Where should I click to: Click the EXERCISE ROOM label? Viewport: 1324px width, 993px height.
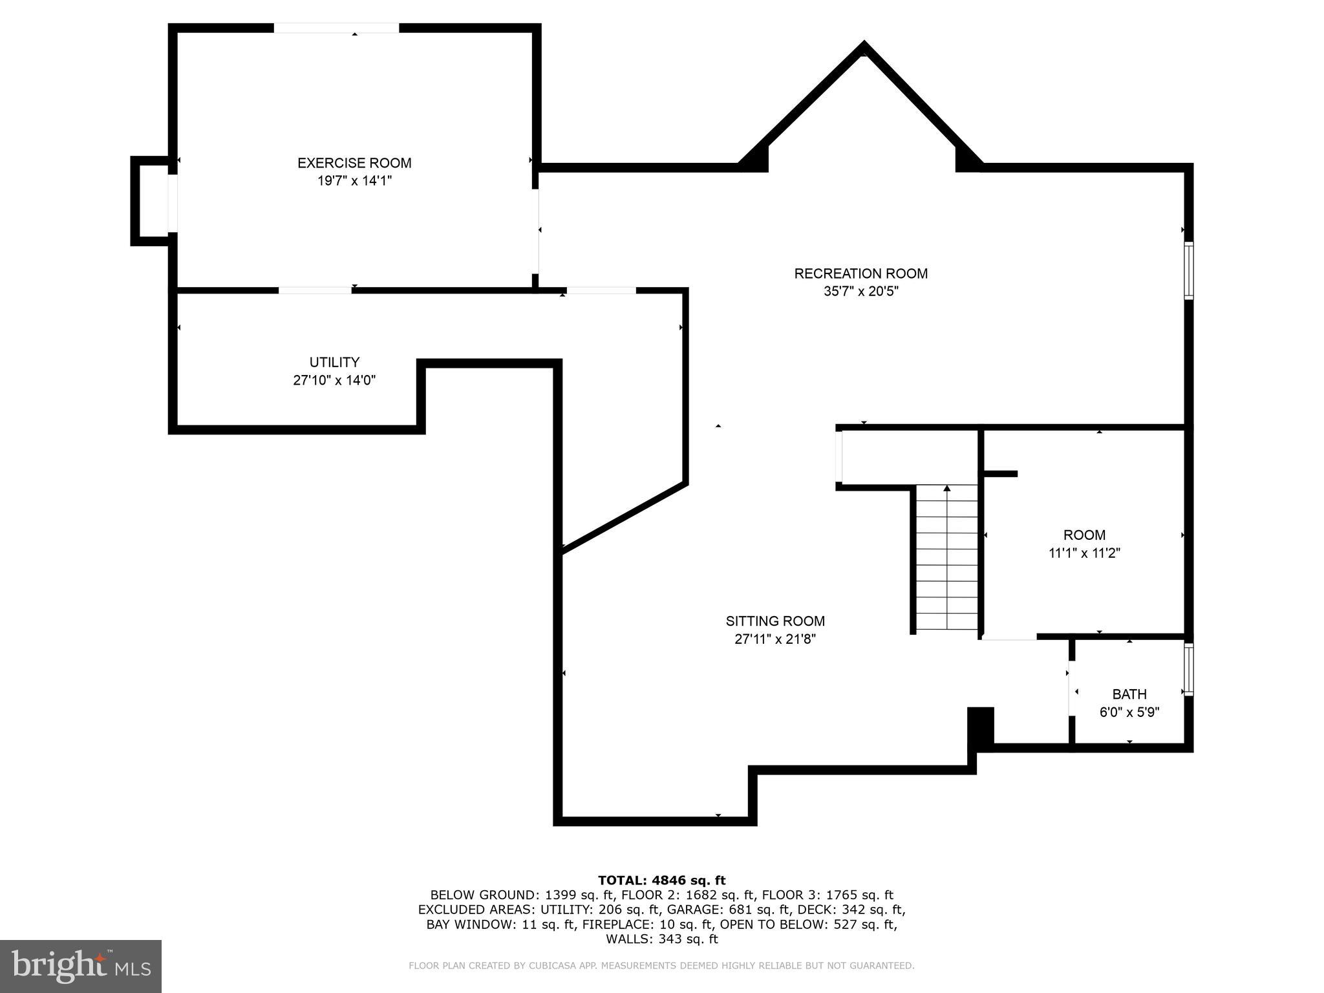tap(354, 163)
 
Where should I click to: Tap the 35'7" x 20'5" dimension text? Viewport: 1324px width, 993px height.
tap(860, 292)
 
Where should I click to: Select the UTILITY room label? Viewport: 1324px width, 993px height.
tap(334, 362)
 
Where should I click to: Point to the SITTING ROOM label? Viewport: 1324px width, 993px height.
tap(775, 621)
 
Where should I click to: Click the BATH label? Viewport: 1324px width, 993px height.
tap(1129, 694)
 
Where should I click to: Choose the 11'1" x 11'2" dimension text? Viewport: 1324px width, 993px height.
tap(1084, 553)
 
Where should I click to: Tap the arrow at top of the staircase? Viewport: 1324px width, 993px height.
tap(947, 489)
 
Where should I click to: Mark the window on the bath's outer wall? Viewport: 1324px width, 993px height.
tap(1188, 669)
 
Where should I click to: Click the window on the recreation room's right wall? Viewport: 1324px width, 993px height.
tap(1188, 270)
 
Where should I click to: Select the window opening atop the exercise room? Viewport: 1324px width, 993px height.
tap(336, 28)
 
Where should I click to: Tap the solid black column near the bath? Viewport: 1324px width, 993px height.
tap(980, 727)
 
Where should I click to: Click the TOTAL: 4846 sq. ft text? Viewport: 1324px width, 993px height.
tap(661, 880)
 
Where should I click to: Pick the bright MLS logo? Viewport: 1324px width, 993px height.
tap(80, 965)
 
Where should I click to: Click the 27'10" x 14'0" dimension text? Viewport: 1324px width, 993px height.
tap(334, 380)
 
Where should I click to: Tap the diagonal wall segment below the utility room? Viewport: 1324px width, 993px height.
tap(624, 517)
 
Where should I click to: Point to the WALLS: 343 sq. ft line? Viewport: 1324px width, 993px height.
tap(661, 939)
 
